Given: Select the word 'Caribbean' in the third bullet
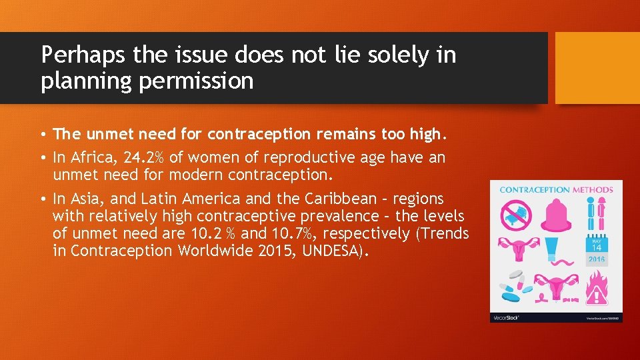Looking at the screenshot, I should coord(347,199).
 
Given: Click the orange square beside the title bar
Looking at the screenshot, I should coord(597,68).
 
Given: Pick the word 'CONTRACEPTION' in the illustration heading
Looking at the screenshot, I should coord(535,190).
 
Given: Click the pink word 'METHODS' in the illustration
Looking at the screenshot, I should coord(593,190).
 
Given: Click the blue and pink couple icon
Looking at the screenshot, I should coord(597,215).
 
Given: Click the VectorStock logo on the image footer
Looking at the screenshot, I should coord(505,317).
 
